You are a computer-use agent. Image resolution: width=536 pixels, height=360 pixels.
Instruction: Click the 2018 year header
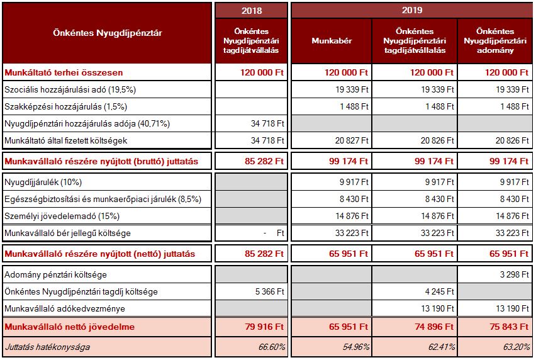[x=252, y=11]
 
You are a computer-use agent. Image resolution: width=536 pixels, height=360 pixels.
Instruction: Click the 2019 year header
[x=412, y=10]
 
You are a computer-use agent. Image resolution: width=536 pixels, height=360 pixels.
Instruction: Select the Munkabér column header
[x=332, y=41]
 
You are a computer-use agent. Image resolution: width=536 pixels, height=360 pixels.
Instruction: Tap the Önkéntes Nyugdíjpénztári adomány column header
[x=495, y=41]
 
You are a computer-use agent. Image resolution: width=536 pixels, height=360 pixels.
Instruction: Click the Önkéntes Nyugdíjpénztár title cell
[x=108, y=33]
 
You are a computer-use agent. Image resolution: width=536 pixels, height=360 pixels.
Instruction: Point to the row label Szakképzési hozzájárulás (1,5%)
[x=65, y=106]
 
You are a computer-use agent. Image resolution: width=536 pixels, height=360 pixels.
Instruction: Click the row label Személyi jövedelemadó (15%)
[x=62, y=216]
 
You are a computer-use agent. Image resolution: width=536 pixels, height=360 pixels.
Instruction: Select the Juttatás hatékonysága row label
[x=48, y=347]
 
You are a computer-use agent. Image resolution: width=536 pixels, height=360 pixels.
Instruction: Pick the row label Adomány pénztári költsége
[x=55, y=274]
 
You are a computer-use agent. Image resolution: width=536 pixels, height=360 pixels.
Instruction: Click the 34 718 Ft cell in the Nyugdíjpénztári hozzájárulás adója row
[x=267, y=123]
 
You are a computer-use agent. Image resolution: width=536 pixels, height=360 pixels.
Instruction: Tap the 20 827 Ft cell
[x=352, y=140]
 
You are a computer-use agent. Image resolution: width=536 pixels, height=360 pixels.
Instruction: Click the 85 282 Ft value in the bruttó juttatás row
[x=264, y=161]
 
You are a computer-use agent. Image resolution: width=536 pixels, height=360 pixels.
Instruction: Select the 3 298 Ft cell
[x=515, y=274]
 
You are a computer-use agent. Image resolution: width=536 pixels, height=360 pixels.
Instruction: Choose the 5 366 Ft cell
[x=270, y=291]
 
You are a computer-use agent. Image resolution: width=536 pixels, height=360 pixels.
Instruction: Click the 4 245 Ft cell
[x=440, y=291]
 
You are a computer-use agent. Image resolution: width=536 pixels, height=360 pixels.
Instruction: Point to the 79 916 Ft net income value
[x=264, y=327]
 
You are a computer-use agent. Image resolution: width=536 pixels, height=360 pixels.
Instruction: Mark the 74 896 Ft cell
[x=434, y=327]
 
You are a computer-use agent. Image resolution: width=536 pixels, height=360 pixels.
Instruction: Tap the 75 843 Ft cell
[x=509, y=327]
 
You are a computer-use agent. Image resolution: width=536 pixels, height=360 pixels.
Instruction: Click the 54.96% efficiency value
[x=356, y=347]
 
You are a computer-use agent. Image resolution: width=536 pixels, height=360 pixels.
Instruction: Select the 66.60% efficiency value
[x=272, y=347]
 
